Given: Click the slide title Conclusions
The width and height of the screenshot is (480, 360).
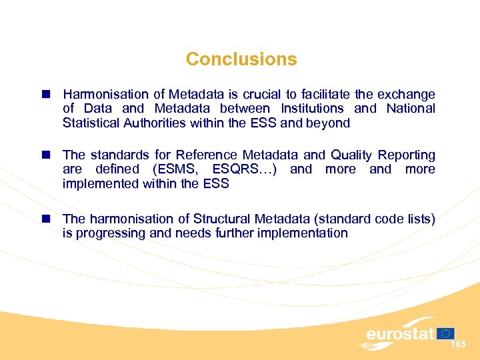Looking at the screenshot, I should [241, 59].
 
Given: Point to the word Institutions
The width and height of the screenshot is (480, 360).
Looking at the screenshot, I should [312, 109].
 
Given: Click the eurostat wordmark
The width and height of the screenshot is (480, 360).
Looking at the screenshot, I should [400, 333].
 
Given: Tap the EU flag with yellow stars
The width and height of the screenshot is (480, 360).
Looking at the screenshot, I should [446, 333].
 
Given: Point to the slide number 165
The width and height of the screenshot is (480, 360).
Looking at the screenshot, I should [458, 344].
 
